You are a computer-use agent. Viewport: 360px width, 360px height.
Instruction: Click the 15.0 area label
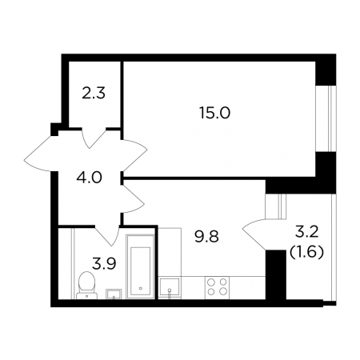(x=214, y=113)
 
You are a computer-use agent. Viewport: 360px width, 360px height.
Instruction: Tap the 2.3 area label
(x=94, y=94)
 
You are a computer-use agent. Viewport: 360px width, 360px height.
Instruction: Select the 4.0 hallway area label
(x=89, y=178)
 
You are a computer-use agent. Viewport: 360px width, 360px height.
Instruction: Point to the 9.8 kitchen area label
(x=206, y=236)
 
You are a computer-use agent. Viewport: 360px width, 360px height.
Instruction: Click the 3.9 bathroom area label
(x=104, y=264)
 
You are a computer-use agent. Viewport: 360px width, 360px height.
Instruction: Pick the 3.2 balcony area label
(x=307, y=232)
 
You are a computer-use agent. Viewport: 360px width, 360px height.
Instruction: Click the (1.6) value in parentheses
(x=306, y=252)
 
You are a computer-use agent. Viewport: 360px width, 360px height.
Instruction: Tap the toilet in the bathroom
(x=86, y=286)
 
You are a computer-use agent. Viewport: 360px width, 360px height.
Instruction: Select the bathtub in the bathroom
(x=141, y=266)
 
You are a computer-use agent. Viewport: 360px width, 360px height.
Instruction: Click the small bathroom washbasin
(x=114, y=294)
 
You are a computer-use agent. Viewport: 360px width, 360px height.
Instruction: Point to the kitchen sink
(x=170, y=287)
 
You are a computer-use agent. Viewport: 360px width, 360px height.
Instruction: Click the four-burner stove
(x=217, y=287)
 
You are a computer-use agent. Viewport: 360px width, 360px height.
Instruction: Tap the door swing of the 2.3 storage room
(x=94, y=138)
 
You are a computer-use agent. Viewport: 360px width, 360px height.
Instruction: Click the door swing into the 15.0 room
(x=134, y=155)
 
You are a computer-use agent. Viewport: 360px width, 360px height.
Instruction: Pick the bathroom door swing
(x=107, y=235)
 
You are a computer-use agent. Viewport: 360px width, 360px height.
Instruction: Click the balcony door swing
(x=254, y=234)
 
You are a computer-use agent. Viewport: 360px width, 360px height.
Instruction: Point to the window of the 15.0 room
(x=326, y=118)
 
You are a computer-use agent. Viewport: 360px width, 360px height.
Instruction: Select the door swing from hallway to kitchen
(x=134, y=199)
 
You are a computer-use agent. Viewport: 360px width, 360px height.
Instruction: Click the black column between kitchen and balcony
(x=276, y=274)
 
